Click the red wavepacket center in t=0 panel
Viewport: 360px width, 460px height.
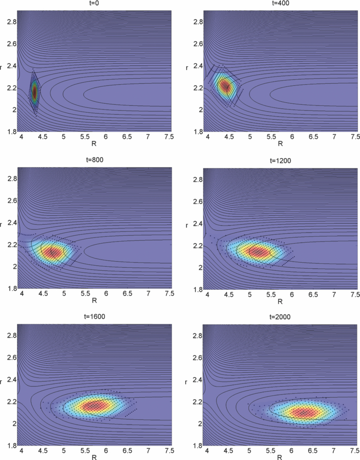point(34,92)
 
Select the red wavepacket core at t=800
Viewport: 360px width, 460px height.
point(53,252)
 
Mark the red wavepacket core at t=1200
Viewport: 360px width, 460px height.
point(260,252)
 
